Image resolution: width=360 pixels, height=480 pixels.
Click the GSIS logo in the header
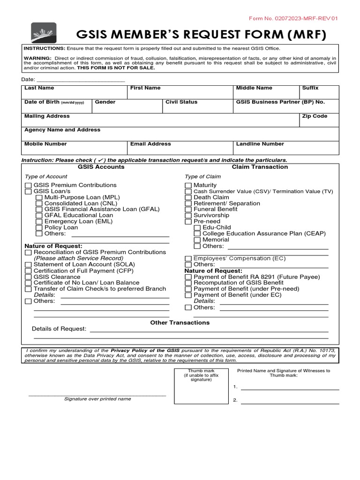click(45, 32)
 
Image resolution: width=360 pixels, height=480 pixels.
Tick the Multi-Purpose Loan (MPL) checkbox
click(39, 197)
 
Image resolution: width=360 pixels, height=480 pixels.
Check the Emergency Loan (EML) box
click(39, 221)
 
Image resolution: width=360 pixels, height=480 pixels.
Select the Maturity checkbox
click(188, 186)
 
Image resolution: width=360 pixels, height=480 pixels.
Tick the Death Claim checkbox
click(188, 197)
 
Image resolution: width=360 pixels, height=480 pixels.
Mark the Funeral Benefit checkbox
click(188, 210)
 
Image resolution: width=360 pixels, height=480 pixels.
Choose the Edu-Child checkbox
click(197, 227)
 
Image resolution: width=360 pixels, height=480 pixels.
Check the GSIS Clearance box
click(28, 277)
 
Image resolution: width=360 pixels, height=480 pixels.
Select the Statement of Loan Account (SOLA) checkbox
click(28, 264)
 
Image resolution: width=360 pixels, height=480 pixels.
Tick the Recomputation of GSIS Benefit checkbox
click(188, 283)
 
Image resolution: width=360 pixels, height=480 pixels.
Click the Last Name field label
click(39, 88)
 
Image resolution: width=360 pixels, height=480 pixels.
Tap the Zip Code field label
click(315, 116)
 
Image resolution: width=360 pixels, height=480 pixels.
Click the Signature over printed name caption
click(97, 399)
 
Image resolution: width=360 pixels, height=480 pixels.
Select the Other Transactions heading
click(180, 322)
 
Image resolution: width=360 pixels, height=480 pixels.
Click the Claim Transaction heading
click(260, 167)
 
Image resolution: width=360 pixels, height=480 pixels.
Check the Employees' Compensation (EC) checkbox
click(188, 258)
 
